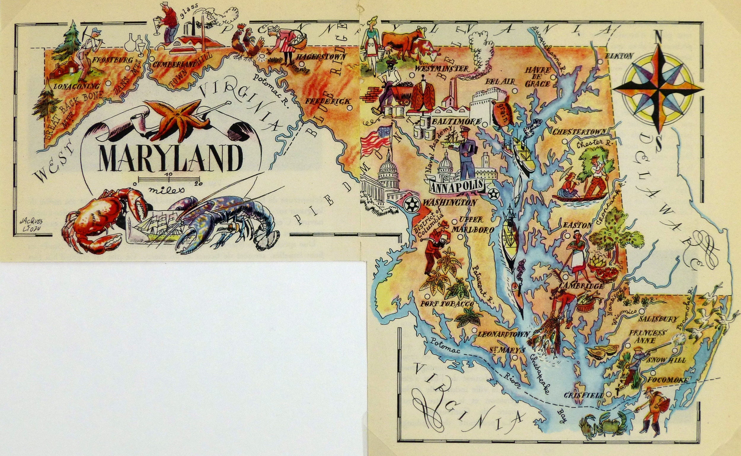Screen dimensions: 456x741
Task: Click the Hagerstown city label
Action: point(321,56)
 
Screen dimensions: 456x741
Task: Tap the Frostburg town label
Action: point(112,60)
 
